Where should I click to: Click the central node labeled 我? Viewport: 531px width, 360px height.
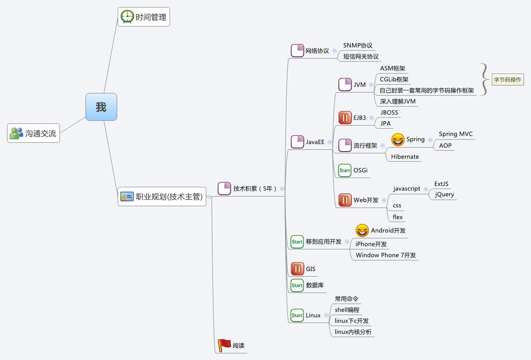(101, 107)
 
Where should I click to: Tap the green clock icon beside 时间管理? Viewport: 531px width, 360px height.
(127, 17)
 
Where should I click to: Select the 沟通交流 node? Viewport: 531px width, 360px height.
(33, 133)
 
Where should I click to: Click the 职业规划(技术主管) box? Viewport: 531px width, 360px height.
(162, 197)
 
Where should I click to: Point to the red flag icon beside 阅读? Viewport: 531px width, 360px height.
(224, 345)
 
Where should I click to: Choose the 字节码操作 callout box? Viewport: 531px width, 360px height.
(508, 80)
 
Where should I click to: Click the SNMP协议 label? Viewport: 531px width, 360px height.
(358, 45)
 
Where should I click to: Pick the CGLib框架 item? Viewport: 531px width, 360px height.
(394, 79)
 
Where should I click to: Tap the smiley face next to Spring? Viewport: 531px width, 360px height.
(398, 140)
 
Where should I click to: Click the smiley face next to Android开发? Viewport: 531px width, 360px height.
(362, 230)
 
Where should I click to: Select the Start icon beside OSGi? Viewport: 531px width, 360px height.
(345, 170)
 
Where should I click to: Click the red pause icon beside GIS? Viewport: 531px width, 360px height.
(297, 269)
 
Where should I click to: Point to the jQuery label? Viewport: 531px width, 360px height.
(444, 194)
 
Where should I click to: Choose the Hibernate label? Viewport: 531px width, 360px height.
(405, 156)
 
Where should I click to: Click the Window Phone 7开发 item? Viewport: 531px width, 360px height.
(386, 255)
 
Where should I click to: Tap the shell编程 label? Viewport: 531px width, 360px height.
(347, 310)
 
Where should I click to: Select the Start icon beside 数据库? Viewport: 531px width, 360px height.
(297, 285)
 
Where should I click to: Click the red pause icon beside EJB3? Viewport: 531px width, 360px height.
(345, 118)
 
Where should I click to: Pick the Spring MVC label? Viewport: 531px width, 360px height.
(456, 134)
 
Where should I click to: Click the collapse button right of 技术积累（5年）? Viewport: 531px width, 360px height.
(282, 189)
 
